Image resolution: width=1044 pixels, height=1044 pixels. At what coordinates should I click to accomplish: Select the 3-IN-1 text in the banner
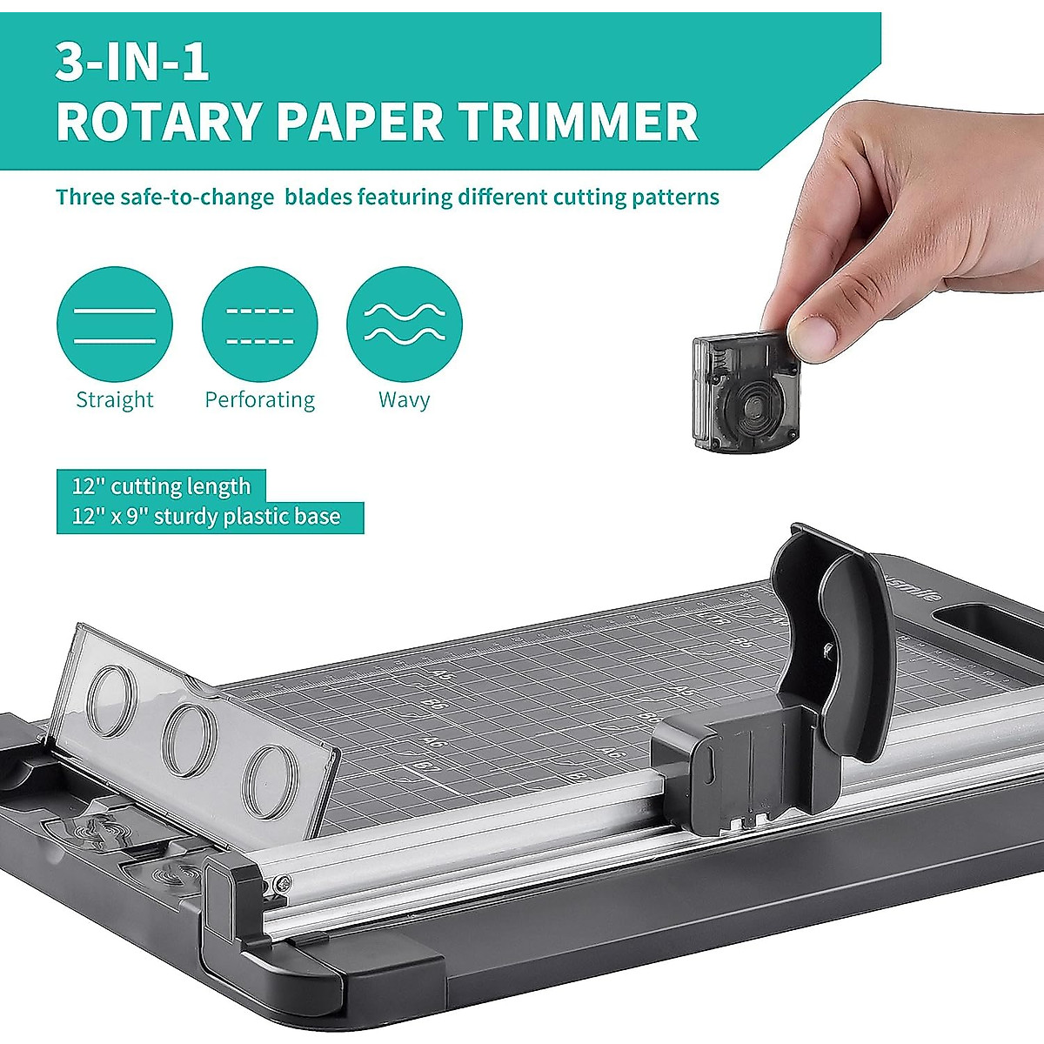pyautogui.click(x=132, y=63)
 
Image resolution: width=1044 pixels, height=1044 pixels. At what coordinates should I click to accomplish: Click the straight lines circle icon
pyautogui.click(x=115, y=325)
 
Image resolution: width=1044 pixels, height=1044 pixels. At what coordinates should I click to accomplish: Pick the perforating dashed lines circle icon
pyautogui.click(x=259, y=325)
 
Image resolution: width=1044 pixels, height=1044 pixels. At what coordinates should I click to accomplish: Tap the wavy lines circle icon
pyautogui.click(x=405, y=325)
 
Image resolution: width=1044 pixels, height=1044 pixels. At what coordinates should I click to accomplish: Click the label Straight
pyautogui.click(x=115, y=400)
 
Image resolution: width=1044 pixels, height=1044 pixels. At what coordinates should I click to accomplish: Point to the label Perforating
pyautogui.click(x=259, y=400)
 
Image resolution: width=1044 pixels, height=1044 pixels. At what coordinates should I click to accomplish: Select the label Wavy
pyautogui.click(x=405, y=400)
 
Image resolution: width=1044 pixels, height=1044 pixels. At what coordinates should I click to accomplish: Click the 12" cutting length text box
pyautogui.click(x=161, y=485)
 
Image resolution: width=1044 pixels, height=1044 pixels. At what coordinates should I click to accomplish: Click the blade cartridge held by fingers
pyautogui.click(x=745, y=391)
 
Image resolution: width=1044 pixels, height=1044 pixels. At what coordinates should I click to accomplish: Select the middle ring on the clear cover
pyautogui.click(x=190, y=739)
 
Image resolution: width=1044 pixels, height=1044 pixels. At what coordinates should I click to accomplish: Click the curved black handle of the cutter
pyautogui.click(x=848, y=644)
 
